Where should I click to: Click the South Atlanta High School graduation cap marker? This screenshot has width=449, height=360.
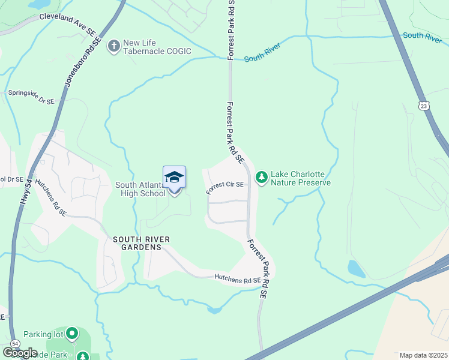(174, 178)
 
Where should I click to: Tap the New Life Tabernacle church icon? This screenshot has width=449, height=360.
(113, 46)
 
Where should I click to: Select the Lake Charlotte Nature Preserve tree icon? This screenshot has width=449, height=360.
(261, 177)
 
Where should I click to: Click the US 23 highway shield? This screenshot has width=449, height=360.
(424, 106)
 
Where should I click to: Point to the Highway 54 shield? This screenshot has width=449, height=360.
(15, 343)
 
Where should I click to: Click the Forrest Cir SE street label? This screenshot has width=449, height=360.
(225, 187)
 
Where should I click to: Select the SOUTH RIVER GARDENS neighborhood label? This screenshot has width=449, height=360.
(142, 243)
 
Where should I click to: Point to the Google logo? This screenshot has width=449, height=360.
(20, 353)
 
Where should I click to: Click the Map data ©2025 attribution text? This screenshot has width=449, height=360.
(424, 355)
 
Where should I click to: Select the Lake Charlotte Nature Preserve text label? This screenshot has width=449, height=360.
(301, 178)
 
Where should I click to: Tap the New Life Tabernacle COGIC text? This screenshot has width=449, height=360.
(157, 47)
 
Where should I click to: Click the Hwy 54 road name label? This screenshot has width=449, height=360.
(25, 191)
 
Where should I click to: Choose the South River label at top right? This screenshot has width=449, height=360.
(422, 35)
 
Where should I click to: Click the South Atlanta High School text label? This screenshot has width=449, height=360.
(140, 189)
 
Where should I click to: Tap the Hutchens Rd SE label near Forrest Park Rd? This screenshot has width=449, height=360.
(238, 279)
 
